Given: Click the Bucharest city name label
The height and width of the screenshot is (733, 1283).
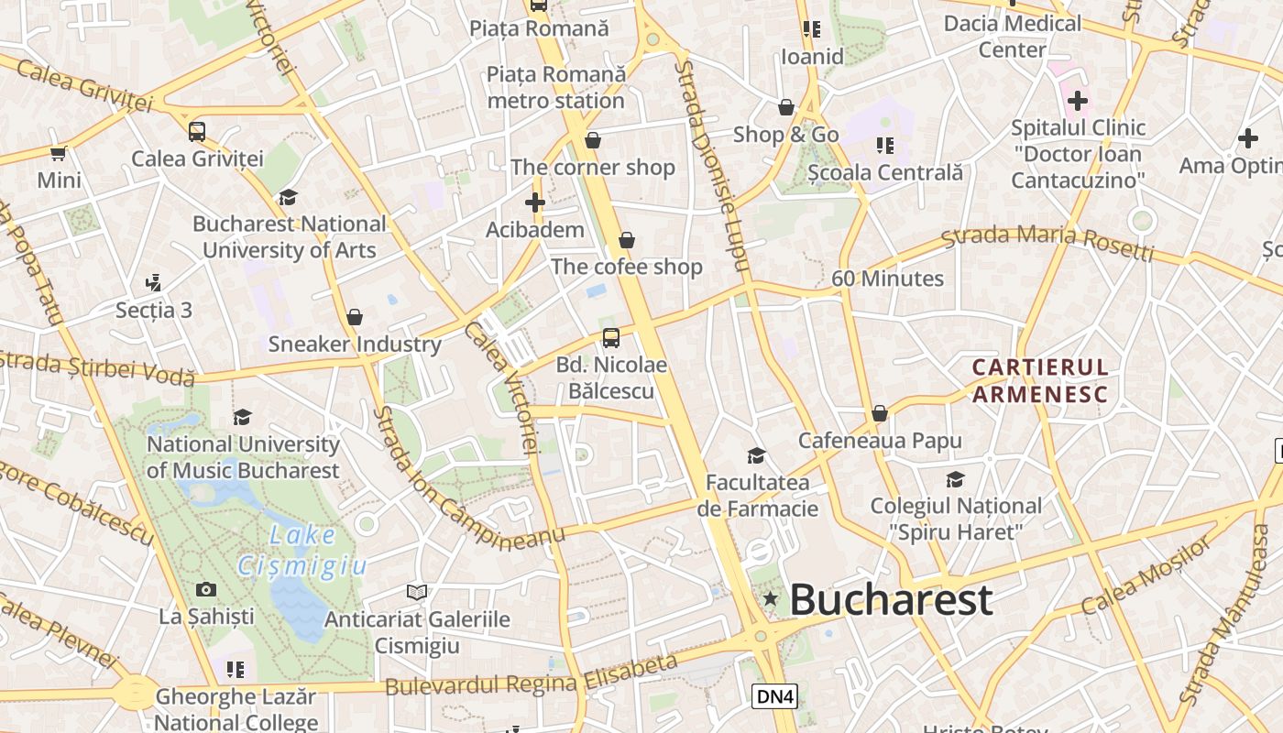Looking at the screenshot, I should click(890, 600).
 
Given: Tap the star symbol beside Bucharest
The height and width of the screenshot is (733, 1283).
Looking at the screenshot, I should click(771, 599).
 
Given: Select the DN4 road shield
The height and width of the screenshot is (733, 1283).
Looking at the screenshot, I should click(774, 696).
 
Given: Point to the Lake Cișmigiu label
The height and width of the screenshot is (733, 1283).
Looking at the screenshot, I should click(303, 551).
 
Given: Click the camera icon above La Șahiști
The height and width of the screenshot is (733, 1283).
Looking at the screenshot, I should click(206, 589).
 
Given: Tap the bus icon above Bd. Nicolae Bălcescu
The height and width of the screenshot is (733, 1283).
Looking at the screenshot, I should click(611, 338).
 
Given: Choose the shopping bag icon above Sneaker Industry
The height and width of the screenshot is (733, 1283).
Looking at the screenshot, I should click(355, 317).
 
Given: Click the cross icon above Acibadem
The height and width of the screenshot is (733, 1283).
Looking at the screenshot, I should click(535, 202).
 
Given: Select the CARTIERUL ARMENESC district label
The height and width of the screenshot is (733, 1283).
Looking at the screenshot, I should click(1040, 381).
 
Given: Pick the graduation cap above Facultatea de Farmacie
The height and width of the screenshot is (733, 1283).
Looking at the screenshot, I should click(756, 455).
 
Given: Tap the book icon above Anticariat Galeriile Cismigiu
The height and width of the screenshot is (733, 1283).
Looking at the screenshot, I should click(417, 592).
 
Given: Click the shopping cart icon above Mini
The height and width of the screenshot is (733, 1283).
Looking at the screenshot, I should click(59, 153).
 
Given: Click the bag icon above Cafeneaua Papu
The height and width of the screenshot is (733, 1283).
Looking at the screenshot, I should click(880, 413).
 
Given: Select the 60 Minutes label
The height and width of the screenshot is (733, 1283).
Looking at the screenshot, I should click(887, 279).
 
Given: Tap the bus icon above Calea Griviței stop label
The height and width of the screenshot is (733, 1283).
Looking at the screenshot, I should click(197, 131).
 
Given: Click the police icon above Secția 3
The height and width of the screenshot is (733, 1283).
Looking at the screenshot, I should click(154, 282).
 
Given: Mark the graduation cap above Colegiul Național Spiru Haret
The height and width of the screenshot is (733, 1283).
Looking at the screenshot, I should click(956, 479).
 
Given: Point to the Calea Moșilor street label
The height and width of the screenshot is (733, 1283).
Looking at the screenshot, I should click(1146, 576).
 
